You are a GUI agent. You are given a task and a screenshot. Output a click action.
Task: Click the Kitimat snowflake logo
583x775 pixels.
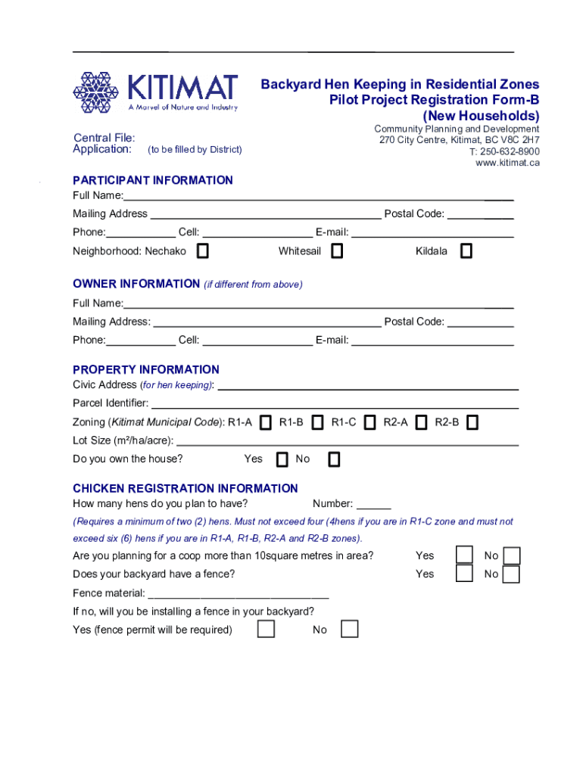(95, 92)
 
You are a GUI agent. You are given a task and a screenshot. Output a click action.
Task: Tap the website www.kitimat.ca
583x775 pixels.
(507, 163)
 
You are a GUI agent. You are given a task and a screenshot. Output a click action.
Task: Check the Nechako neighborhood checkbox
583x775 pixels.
(203, 251)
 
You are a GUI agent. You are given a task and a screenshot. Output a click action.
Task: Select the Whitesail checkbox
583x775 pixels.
(337, 251)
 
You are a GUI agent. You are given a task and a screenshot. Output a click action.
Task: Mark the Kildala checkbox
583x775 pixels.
(466, 251)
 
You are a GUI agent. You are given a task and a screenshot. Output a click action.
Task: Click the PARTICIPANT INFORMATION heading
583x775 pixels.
(153, 180)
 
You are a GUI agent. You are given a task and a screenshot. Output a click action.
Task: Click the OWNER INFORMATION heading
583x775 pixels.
(136, 284)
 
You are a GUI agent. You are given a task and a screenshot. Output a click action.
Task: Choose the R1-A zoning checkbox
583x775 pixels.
(265, 422)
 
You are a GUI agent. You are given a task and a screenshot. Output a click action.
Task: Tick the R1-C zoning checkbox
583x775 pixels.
(369, 422)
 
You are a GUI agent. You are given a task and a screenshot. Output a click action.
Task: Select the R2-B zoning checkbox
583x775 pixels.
(472, 422)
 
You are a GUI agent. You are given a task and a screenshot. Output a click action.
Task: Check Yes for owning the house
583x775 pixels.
(282, 459)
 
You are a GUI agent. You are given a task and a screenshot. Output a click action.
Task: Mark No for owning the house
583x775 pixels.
(334, 459)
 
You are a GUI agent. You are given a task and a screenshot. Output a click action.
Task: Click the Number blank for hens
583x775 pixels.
(373, 505)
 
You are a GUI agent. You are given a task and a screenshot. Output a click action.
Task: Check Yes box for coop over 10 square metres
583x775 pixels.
(463, 556)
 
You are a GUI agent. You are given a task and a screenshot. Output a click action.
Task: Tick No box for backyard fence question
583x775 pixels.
(511, 574)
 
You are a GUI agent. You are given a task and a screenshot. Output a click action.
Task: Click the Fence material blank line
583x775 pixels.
(238, 593)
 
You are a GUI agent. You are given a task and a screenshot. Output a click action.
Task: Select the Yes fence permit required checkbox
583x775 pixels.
(266, 630)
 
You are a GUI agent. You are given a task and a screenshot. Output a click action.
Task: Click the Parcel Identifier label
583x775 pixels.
(111, 403)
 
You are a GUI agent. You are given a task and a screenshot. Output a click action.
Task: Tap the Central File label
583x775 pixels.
(104, 138)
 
